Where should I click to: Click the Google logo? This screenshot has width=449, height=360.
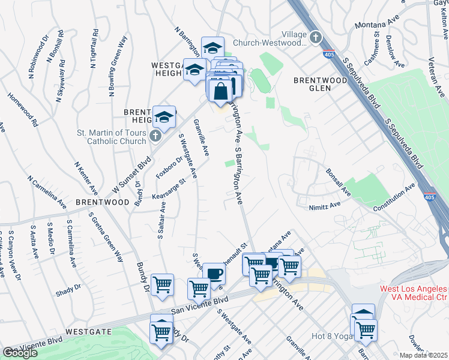point(20,353)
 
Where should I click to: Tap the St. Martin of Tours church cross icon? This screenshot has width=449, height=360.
point(155,136)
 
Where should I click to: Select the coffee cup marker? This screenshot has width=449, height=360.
point(214,274)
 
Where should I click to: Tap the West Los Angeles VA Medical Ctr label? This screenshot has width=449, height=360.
point(414,293)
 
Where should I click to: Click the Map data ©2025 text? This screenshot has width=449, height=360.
point(423,355)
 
